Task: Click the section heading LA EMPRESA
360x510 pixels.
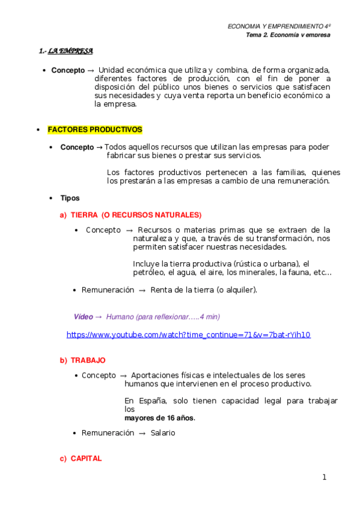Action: (x=70, y=51)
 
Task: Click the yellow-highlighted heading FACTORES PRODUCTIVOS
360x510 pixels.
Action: (x=95, y=129)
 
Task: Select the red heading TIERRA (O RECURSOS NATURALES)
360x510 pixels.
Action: (x=136, y=215)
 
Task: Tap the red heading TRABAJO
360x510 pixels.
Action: (x=88, y=360)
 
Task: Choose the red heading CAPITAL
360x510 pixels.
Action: (x=86, y=458)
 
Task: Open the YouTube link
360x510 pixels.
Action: (x=188, y=334)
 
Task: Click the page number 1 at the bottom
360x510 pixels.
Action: (x=324, y=478)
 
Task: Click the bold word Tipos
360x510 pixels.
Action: (x=70, y=198)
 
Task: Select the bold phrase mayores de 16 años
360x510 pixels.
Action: (x=159, y=418)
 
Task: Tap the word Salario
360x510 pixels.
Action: (x=163, y=433)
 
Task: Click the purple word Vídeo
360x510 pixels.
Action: (x=84, y=316)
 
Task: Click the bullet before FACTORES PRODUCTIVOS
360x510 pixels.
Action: (x=38, y=130)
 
